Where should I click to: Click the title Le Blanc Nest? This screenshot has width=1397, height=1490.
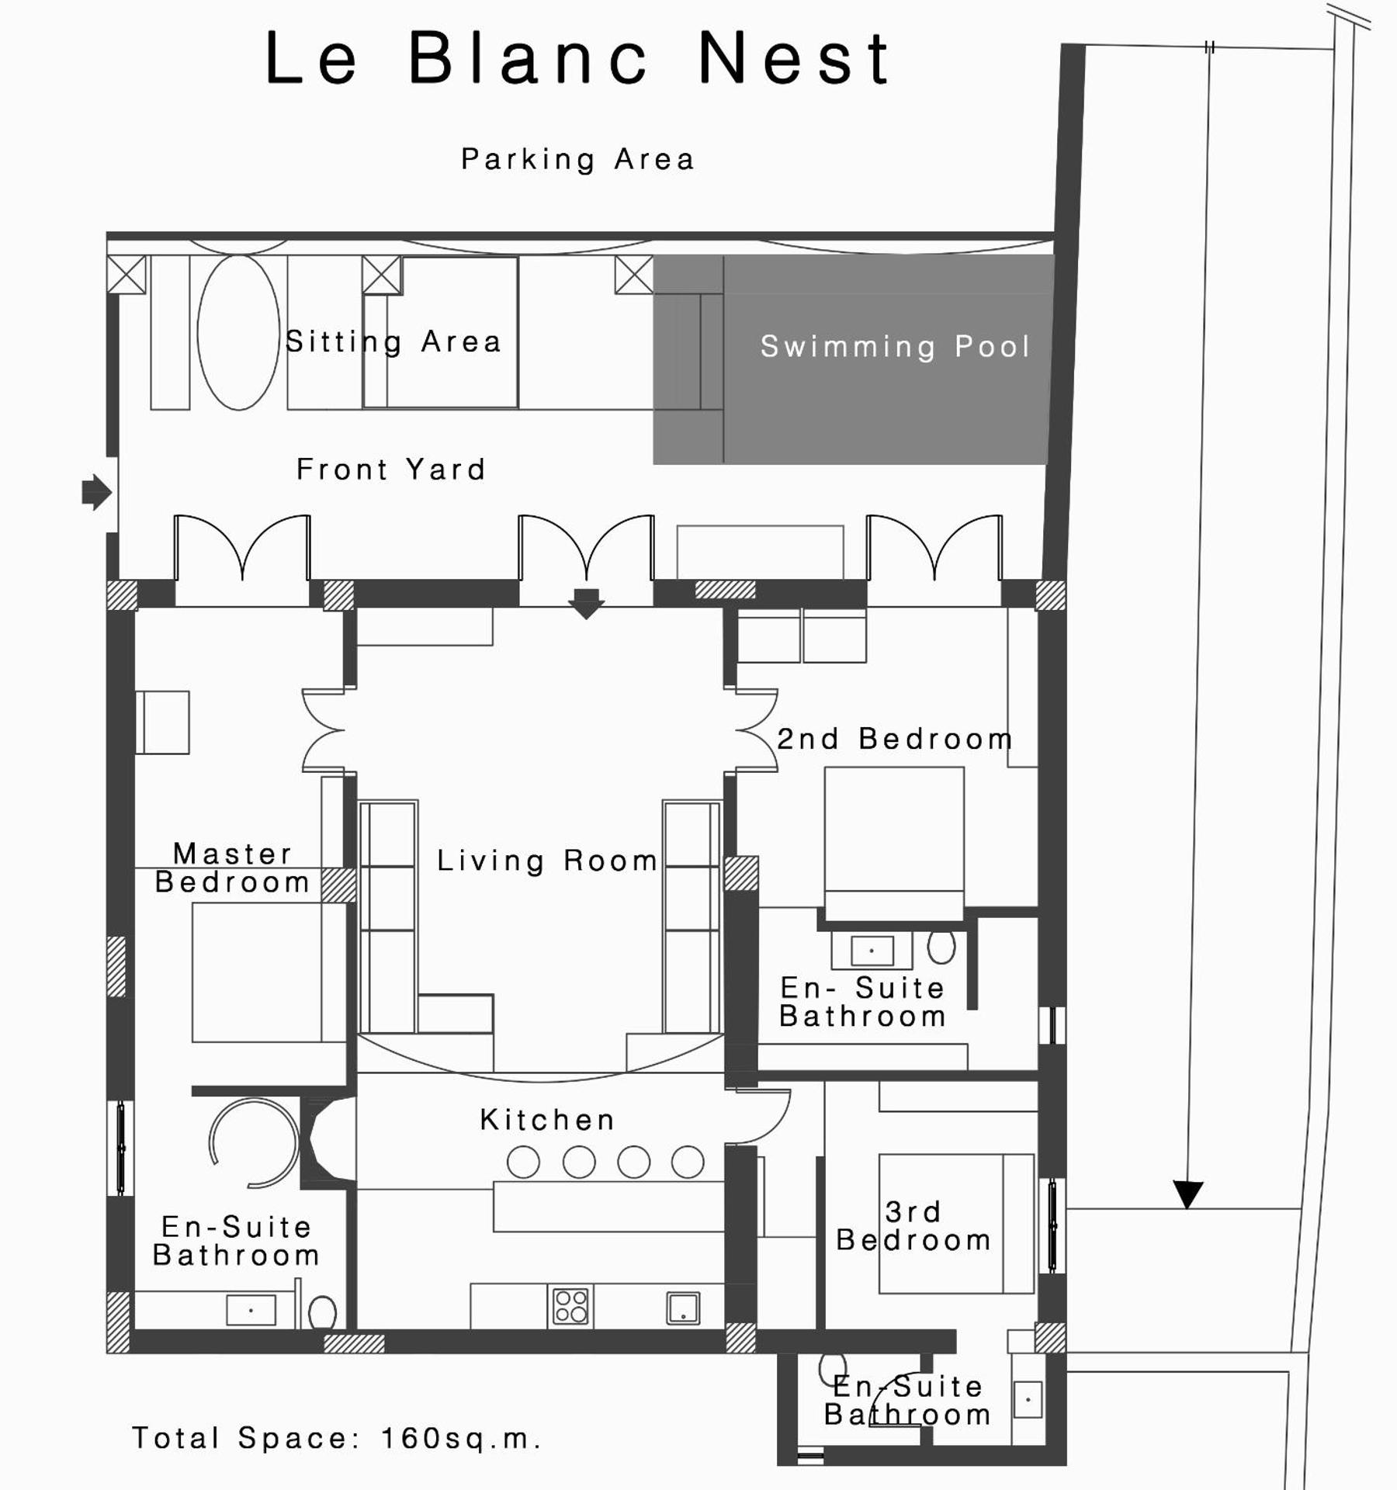(x=578, y=58)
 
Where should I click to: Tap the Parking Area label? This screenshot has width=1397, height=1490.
(x=577, y=159)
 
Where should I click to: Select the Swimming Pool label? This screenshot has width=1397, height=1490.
(x=895, y=346)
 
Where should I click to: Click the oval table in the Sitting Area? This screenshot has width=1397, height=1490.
(x=238, y=332)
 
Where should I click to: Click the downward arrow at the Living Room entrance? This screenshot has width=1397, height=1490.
(x=586, y=602)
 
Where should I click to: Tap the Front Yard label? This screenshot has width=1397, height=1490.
(x=391, y=470)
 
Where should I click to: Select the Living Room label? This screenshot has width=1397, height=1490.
(x=547, y=861)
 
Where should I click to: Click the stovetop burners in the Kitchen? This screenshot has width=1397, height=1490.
(x=570, y=1306)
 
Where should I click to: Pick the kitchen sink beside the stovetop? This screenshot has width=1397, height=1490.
(x=683, y=1308)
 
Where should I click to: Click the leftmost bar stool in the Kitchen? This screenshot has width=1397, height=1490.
(x=523, y=1163)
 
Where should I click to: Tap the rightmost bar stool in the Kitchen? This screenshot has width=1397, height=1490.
(x=688, y=1163)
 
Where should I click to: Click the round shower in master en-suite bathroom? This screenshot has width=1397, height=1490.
(x=255, y=1142)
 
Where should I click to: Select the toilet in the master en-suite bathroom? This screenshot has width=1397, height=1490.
(x=322, y=1314)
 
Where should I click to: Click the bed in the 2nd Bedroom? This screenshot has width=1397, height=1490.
(x=894, y=842)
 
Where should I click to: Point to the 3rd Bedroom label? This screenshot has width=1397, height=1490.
(x=913, y=1226)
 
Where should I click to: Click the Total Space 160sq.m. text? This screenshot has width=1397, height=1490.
(x=336, y=1438)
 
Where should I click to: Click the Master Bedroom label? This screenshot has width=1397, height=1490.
(x=232, y=868)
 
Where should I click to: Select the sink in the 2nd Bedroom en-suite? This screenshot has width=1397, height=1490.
(x=872, y=950)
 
